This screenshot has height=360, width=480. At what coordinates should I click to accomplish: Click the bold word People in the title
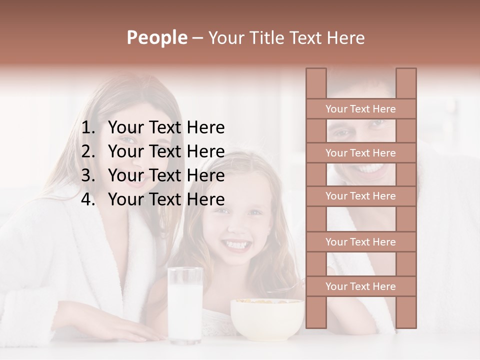[156, 37]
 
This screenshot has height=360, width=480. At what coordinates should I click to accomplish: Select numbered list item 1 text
[166, 128]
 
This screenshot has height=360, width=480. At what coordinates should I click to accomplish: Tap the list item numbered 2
[166, 151]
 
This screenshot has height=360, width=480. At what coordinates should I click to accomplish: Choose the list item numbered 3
[166, 175]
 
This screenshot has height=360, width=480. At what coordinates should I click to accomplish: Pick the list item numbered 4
[166, 199]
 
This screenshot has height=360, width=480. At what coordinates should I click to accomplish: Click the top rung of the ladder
[360, 109]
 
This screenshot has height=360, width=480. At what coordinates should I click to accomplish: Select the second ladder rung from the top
[360, 153]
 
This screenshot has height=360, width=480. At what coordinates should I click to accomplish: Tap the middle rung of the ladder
[360, 196]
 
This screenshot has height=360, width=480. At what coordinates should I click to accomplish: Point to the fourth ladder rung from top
[360, 242]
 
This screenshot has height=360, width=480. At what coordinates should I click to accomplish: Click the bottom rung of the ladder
[360, 286]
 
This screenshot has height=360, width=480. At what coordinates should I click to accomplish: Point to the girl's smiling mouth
[236, 245]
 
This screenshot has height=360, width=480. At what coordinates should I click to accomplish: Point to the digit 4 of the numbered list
[87, 199]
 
